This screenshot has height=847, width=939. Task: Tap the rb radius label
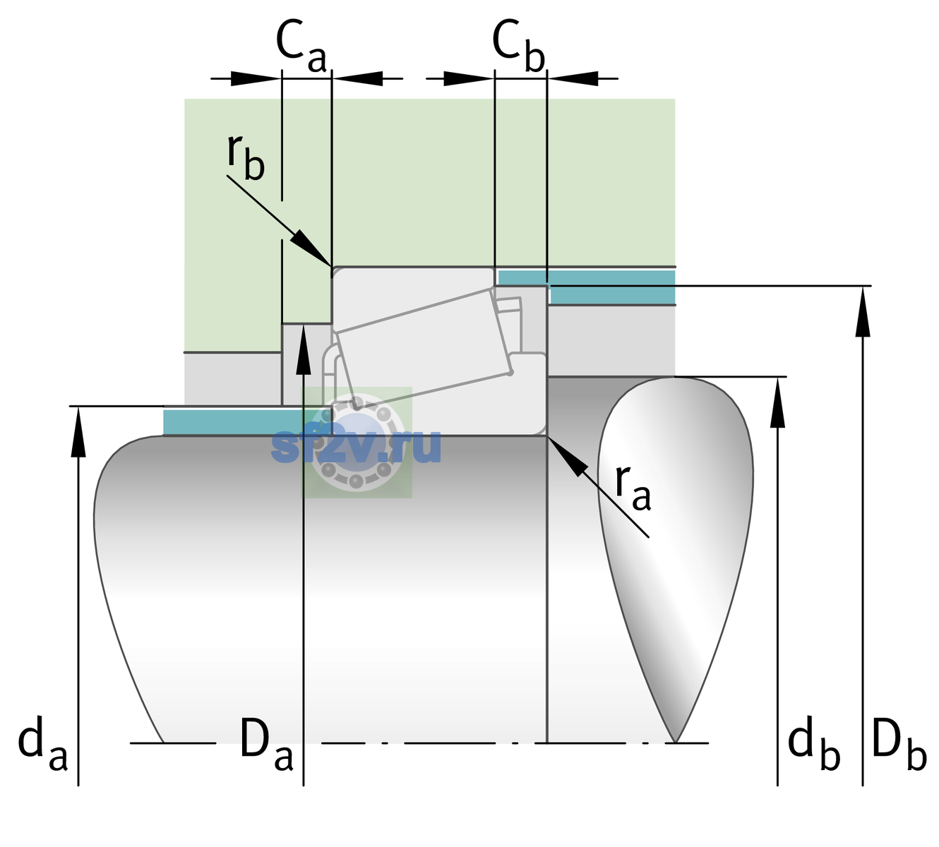(246, 157)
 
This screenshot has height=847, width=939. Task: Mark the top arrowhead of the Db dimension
(863, 311)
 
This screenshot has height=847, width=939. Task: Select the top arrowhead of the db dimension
(777, 402)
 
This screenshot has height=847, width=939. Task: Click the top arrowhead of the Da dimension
(304, 349)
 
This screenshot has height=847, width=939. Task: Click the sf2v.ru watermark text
(356, 446)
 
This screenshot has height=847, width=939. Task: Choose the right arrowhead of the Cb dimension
(573, 78)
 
